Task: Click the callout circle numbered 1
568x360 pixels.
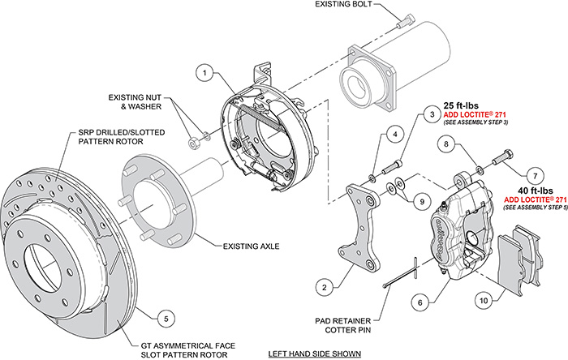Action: coord(206,73)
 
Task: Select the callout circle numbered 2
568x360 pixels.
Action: coord(325,285)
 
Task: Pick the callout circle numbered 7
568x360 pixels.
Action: coord(533,174)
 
